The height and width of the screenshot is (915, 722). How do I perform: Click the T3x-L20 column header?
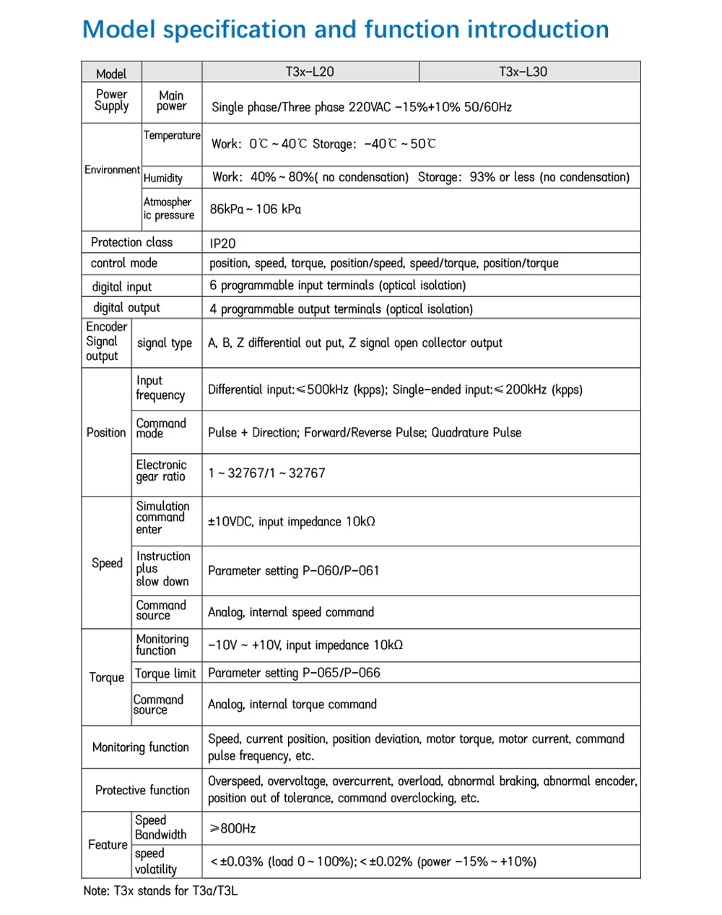click(x=310, y=72)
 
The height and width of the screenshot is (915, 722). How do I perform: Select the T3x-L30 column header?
click(x=523, y=72)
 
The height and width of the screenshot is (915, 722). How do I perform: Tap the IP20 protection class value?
click(x=222, y=244)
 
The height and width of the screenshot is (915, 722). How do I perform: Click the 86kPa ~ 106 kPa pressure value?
click(x=256, y=209)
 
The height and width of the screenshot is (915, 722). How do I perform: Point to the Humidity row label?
click(x=163, y=178)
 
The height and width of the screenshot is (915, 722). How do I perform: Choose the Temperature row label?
click(x=172, y=135)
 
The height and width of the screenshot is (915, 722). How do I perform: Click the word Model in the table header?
click(x=111, y=74)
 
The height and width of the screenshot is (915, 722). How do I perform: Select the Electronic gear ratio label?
click(x=161, y=471)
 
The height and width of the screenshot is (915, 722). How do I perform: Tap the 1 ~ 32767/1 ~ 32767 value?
click(x=266, y=473)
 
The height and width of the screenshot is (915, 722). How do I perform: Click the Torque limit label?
click(x=165, y=674)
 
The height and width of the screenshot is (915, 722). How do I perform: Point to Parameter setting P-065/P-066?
click(x=294, y=673)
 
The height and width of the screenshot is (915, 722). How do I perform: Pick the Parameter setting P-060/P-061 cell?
click(x=293, y=570)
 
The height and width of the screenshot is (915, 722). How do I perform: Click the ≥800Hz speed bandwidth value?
click(x=232, y=828)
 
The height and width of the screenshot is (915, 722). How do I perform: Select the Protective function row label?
click(x=142, y=790)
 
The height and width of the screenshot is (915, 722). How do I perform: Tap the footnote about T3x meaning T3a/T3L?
click(x=160, y=890)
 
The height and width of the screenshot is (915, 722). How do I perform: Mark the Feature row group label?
click(x=108, y=844)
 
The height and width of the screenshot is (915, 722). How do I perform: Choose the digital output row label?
click(x=126, y=307)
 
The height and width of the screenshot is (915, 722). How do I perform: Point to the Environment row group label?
click(x=112, y=170)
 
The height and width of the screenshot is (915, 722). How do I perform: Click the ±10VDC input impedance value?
click(x=292, y=521)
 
